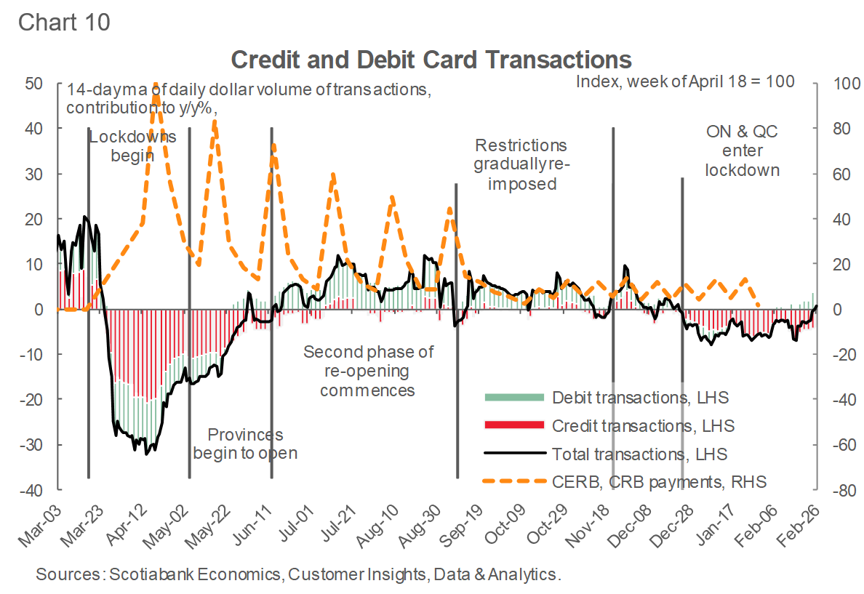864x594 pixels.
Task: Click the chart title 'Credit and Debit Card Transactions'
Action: click(x=431, y=59)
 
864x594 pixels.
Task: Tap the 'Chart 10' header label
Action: click(x=64, y=22)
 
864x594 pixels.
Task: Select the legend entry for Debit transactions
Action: click(x=640, y=397)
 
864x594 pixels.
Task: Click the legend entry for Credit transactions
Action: click(x=643, y=425)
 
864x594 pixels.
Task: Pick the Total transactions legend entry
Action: click(x=639, y=454)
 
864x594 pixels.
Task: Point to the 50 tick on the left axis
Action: click(x=33, y=83)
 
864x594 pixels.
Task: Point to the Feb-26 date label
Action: click(x=797, y=521)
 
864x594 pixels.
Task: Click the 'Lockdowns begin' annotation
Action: click(x=132, y=146)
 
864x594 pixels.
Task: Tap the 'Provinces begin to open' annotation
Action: click(x=245, y=444)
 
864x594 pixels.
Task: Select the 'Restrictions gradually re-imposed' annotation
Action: click(x=521, y=164)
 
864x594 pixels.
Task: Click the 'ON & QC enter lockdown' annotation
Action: click(x=743, y=150)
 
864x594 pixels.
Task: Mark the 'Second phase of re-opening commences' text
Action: click(x=368, y=371)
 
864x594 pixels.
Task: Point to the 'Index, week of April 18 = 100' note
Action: click(x=685, y=81)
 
